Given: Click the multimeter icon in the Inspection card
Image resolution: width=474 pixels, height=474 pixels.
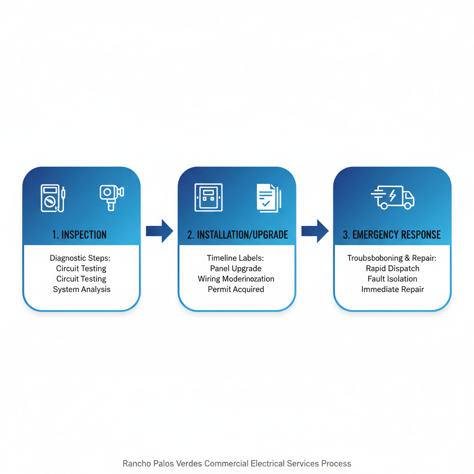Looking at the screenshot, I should pyautogui.click(x=52, y=198).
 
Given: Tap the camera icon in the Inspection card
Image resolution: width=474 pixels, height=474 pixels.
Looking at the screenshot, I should pyautogui.click(x=112, y=197).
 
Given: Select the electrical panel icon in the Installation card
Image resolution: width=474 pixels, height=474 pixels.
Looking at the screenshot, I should pyautogui.click(x=208, y=197).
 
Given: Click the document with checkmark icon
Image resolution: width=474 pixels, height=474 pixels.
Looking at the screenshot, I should pyautogui.click(x=268, y=198).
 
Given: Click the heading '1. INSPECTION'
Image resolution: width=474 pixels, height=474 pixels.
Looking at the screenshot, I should pyautogui.click(x=80, y=235).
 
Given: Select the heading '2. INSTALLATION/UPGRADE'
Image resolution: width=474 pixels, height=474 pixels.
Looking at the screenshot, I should pyautogui.click(x=237, y=235).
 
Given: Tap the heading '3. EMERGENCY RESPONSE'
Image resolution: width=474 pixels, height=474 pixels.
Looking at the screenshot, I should pyautogui.click(x=392, y=235).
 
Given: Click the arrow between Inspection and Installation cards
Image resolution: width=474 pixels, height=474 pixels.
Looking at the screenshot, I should pyautogui.click(x=159, y=230).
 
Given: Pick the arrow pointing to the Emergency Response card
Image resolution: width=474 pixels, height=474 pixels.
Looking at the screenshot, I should pyautogui.click(x=315, y=230).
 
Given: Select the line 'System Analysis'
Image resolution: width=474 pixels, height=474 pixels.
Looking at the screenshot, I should pyautogui.click(x=81, y=289).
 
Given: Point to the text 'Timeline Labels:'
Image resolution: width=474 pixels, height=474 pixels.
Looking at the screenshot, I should pyautogui.click(x=236, y=258).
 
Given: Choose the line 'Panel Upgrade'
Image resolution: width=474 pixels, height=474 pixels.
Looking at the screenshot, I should pyautogui.click(x=236, y=268).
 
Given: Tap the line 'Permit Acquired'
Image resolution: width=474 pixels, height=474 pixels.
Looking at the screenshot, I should pyautogui.click(x=236, y=289).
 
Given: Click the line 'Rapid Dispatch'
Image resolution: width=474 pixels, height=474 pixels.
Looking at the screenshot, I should pyautogui.click(x=393, y=268).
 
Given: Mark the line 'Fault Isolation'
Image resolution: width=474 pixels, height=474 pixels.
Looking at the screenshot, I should pyautogui.click(x=393, y=279).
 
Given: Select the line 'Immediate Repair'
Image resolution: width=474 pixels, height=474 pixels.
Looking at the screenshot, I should pyautogui.click(x=393, y=289).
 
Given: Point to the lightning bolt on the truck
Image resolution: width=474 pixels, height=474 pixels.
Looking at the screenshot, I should pyautogui.click(x=393, y=196).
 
